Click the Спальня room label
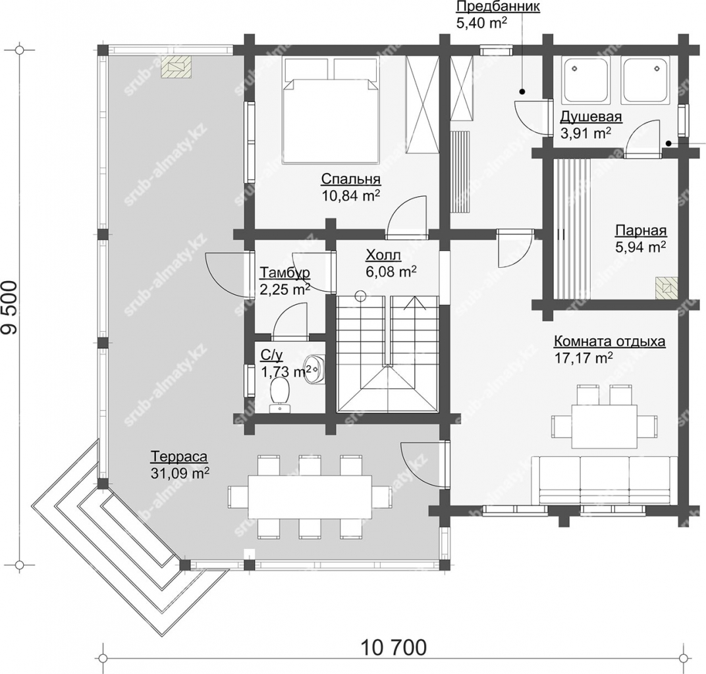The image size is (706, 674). pos(351,178)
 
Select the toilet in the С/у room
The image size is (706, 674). pos(281,394)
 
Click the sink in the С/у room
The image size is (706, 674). pos(314,369)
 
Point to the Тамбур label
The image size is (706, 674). pos(285,272)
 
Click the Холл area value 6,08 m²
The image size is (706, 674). pos(391,272)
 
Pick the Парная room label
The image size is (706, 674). pos(641,230)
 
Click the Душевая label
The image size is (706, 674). pos(591,117)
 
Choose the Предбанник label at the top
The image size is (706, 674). pos(498,7)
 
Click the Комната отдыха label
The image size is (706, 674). pos(609,341)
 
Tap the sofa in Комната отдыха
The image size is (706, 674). pos(604,480)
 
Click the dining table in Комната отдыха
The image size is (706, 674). pos(604,426)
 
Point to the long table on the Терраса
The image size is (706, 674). pos(310,497)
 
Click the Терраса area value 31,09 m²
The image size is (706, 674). pos(179,473)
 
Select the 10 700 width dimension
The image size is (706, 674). pos(393,648)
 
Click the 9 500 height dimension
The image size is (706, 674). pos(10,308)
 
